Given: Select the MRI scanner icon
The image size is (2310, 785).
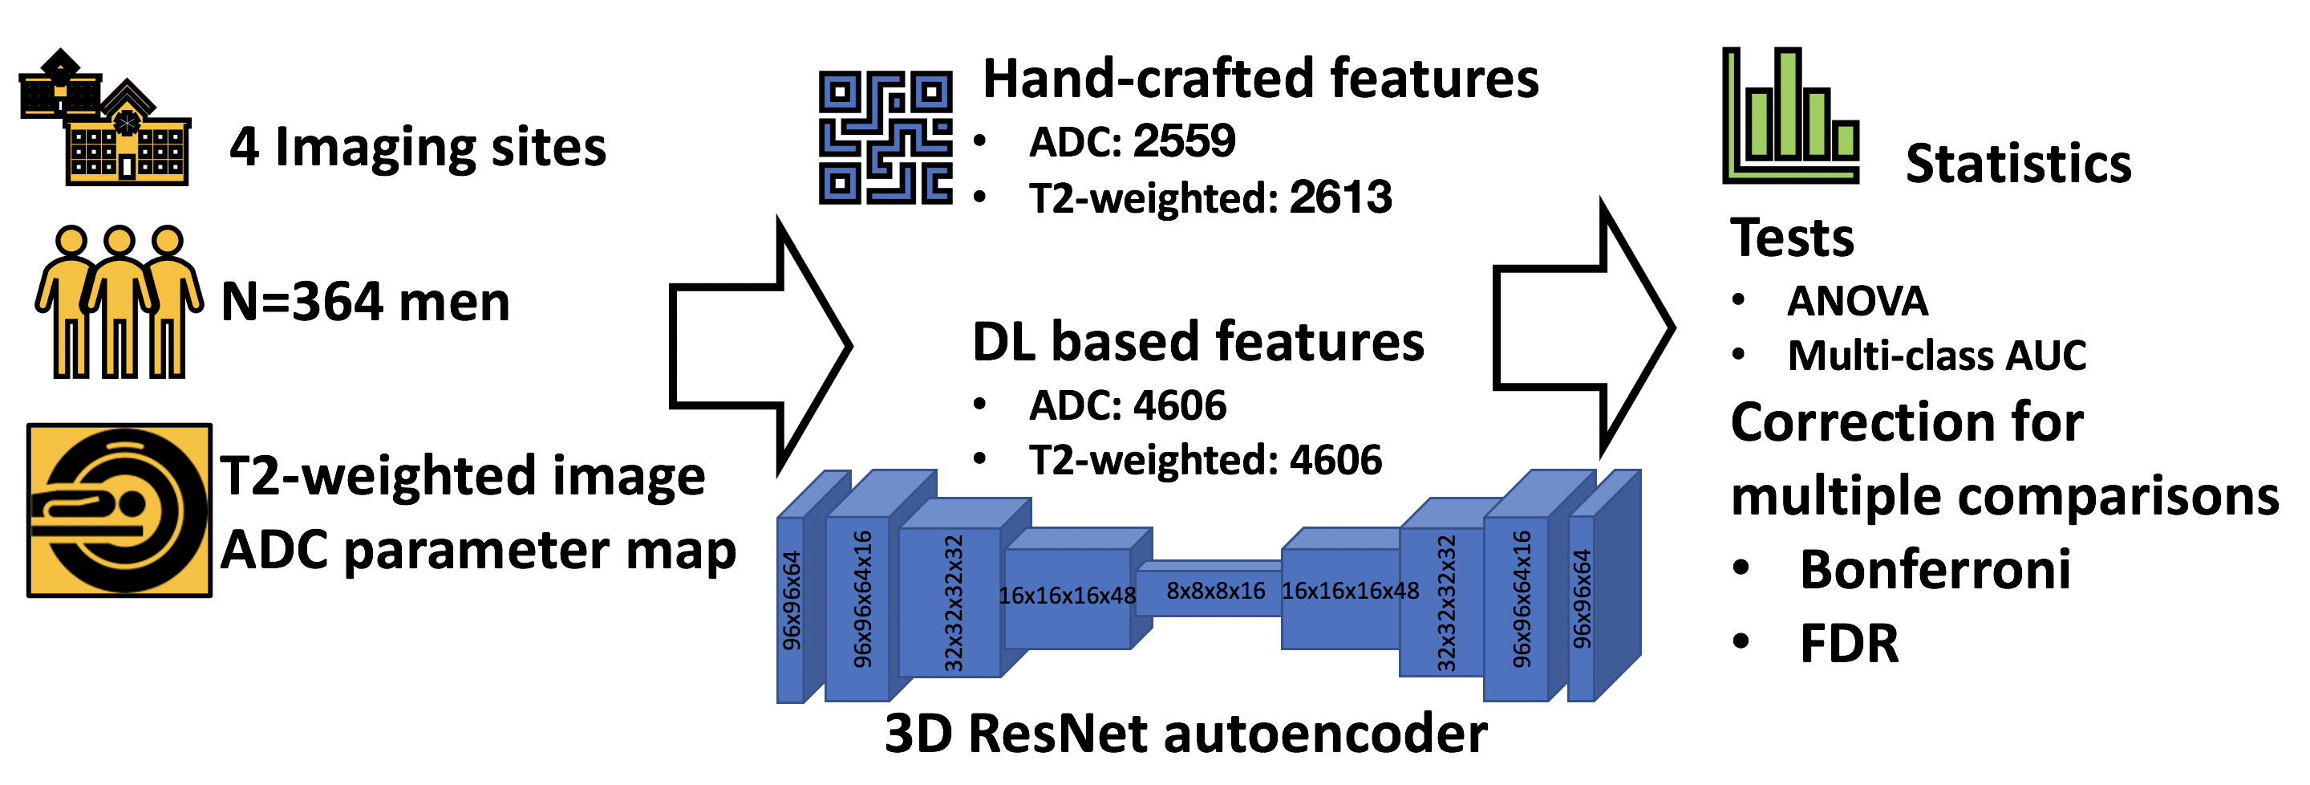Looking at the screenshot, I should [x=120, y=510].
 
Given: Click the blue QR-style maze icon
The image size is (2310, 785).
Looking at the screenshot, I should [x=885, y=138].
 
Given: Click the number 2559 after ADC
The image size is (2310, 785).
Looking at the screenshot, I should [x=1184, y=140].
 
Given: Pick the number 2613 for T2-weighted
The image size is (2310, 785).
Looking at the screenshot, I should [x=1340, y=197].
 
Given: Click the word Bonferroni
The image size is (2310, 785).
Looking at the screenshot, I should [x=1935, y=569].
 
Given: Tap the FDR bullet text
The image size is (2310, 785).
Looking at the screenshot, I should [x=1849, y=643].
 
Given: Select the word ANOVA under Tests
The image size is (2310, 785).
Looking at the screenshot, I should [x=1857, y=300].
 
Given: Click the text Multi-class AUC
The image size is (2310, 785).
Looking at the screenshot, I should [x=1937, y=356].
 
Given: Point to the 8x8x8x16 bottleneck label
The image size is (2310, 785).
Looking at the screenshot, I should [x=1215, y=590].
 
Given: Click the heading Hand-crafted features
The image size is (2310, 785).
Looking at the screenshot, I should [x=1261, y=78].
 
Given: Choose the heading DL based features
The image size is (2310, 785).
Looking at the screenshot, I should [x=1198, y=342].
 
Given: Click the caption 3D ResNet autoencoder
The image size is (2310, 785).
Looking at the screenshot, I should [x=1185, y=733].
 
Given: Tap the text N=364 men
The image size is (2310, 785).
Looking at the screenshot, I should [x=365, y=302].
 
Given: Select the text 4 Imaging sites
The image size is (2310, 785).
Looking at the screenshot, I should [x=418, y=147].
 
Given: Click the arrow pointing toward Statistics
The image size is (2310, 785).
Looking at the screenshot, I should [x=1583, y=328].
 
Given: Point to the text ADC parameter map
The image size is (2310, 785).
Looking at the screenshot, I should [x=478, y=549].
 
